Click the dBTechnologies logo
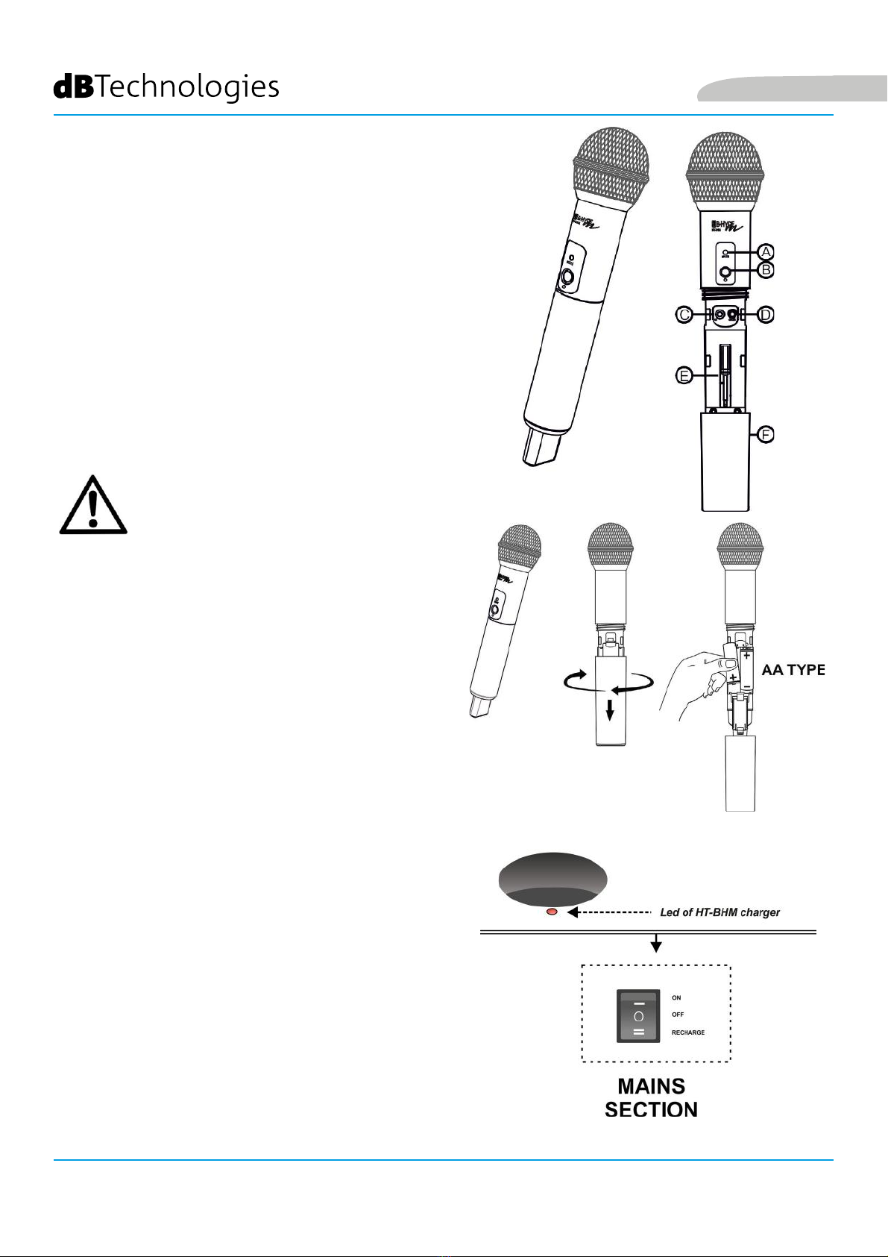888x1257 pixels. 166,87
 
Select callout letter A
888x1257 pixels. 766,251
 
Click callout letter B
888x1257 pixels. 766,270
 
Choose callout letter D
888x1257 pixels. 765,315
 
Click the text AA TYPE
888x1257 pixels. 793,670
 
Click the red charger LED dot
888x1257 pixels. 552,912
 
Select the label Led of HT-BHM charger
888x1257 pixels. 719,912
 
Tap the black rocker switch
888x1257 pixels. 638,1015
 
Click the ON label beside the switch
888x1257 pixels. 676,997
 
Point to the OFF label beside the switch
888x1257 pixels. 678,1015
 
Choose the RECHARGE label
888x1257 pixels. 687,1032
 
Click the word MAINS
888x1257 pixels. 651,1086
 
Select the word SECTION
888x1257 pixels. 651,1110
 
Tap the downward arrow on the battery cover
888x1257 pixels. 610,710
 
